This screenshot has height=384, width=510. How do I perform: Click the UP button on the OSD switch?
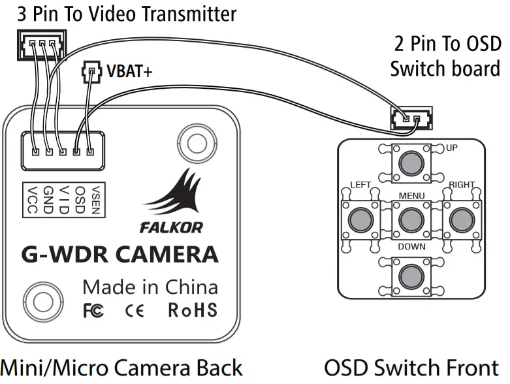411,161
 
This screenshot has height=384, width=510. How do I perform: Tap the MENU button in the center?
411,219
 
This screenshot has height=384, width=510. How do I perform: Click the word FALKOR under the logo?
171,228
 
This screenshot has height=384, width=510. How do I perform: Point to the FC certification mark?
93,311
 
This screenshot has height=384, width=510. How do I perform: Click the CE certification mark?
134,311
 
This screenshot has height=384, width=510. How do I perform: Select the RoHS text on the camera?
193,310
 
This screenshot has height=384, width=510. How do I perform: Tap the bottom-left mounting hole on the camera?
44,301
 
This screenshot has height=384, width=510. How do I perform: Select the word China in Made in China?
190,287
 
